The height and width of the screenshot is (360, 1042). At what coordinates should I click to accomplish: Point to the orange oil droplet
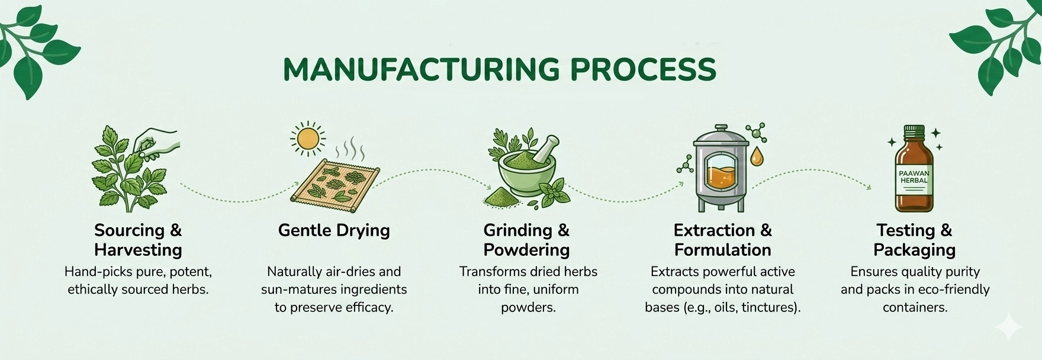click(x=756, y=157)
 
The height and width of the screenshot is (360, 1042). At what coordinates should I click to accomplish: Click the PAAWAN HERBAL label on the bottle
click(x=914, y=177)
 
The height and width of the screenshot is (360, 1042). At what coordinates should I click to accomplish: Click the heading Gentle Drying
click(x=334, y=230)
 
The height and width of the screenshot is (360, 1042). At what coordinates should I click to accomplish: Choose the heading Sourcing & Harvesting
click(x=138, y=240)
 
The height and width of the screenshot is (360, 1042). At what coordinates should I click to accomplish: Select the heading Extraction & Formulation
click(x=722, y=240)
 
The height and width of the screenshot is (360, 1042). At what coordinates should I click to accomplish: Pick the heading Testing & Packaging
click(x=914, y=240)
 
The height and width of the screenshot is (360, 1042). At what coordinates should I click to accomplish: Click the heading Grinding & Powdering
click(x=526, y=240)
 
